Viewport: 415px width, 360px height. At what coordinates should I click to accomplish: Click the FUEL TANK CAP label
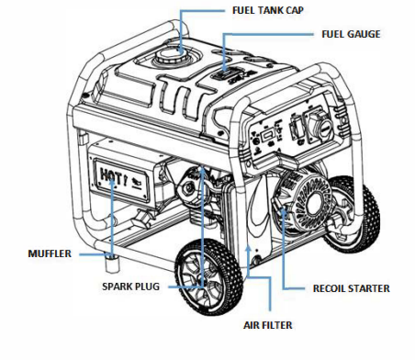point(268,10)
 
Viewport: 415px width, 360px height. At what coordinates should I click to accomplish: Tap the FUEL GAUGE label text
point(351,34)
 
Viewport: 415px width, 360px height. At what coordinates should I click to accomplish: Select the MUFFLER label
point(50,253)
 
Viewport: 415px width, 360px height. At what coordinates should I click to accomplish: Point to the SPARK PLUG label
point(130,287)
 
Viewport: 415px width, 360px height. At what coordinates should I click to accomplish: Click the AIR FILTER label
point(268,325)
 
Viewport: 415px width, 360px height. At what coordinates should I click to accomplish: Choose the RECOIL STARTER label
point(351,288)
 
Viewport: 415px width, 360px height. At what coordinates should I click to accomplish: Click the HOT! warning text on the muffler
point(113,176)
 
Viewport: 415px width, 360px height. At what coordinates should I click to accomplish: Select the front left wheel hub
point(205,276)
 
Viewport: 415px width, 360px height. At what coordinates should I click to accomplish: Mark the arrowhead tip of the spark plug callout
point(202,166)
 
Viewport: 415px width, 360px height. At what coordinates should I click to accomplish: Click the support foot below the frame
point(112,263)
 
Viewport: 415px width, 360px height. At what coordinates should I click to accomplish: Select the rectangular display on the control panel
point(266,134)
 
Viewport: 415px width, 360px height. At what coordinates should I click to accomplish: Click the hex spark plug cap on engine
point(187,186)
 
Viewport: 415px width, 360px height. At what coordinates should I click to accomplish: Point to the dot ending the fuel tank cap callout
point(181,50)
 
